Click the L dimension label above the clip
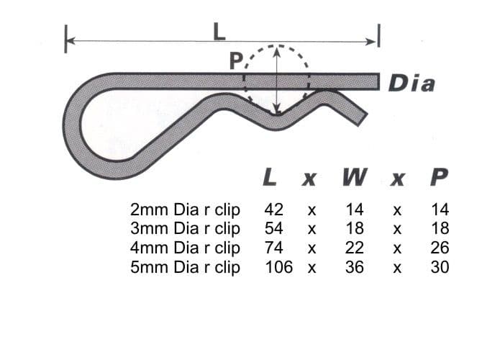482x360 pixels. point(219,31)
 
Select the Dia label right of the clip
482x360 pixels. point(411,84)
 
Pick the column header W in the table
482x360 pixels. point(352,176)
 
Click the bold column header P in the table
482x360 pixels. point(439,176)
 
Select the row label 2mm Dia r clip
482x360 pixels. point(185,210)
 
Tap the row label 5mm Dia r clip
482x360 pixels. point(185,267)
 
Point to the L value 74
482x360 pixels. point(273,248)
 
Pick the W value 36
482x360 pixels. point(355,267)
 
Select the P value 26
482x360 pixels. point(440,248)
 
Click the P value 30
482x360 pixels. point(440,267)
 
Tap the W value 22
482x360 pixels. point(355,248)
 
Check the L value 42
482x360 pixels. point(273,210)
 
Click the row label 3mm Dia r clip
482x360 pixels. point(185,229)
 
